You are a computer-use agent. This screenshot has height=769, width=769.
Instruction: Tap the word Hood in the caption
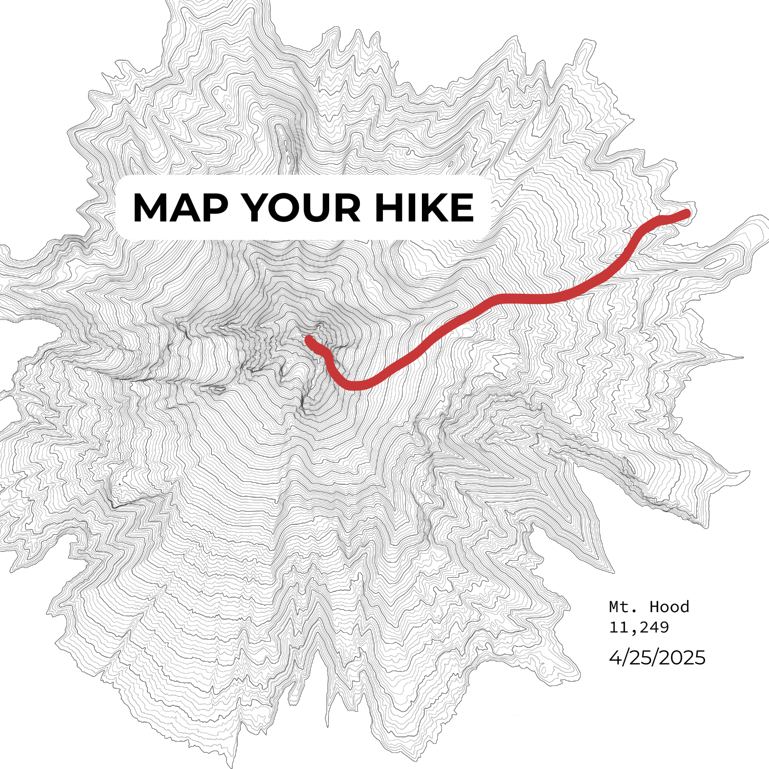tap(669, 607)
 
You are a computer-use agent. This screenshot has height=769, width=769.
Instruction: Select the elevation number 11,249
tap(639, 627)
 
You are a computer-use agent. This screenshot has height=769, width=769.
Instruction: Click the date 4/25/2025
tap(657, 657)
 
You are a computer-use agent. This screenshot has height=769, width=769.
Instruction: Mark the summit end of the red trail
tap(309, 339)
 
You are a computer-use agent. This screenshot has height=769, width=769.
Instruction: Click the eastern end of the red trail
tap(686, 213)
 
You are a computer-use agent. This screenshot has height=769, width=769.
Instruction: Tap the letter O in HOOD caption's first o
tap(663, 608)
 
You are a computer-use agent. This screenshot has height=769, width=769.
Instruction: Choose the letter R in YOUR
tap(346, 208)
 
